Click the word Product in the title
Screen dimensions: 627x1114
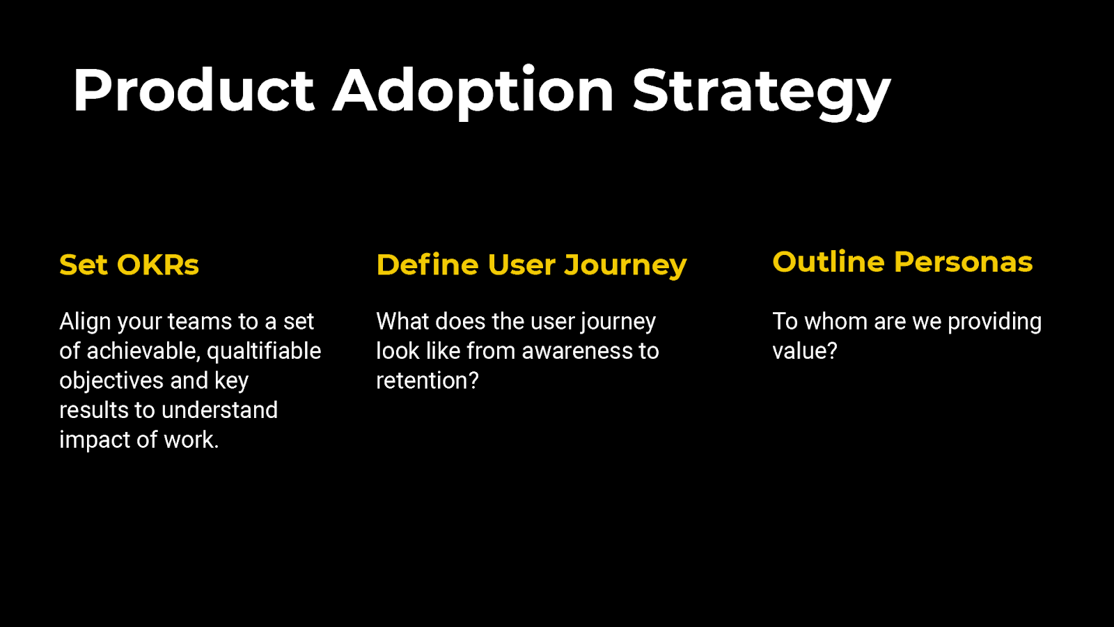click(194, 91)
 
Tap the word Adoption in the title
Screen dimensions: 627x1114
click(473, 91)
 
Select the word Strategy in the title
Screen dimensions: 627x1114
click(761, 91)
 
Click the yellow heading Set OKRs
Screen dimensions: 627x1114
click(130, 265)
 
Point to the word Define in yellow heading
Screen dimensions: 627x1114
click(427, 265)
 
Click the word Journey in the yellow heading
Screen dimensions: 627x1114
click(625, 265)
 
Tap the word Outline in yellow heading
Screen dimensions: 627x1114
click(828, 262)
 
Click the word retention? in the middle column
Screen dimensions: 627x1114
click(427, 381)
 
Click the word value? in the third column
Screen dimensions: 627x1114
click(805, 351)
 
